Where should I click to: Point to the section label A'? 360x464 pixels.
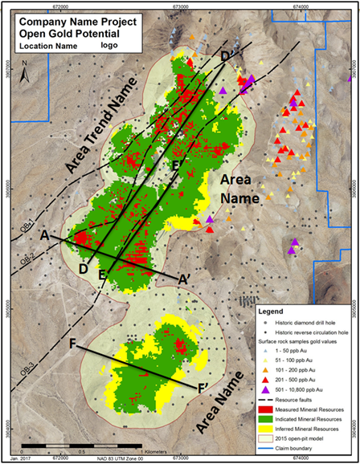point(184,279)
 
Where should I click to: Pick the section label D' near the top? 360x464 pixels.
point(229,55)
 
